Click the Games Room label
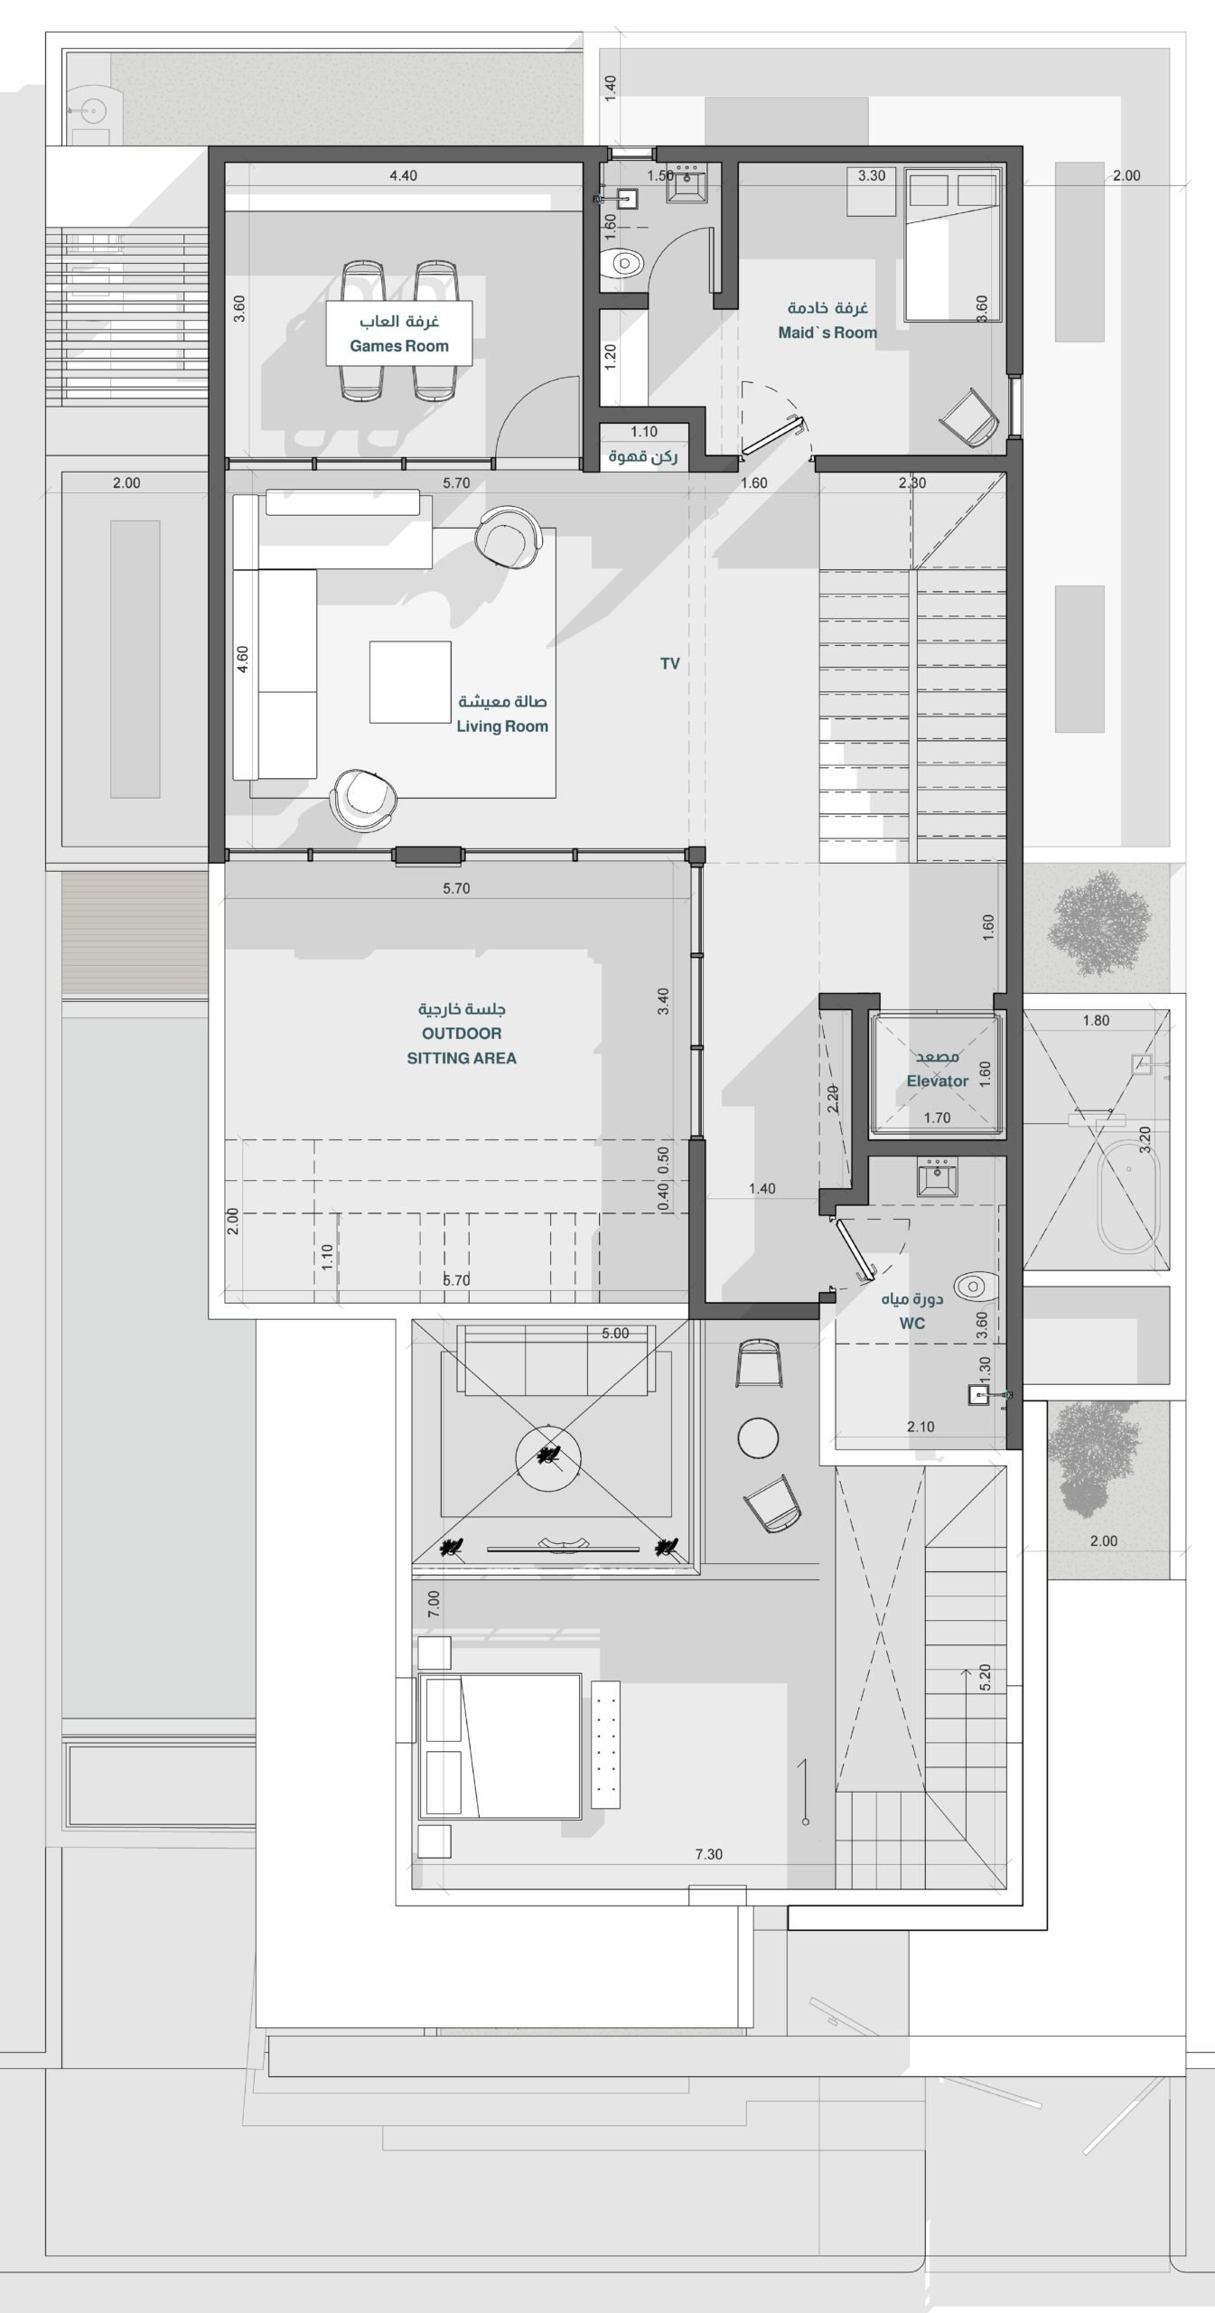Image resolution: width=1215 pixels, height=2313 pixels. (399, 346)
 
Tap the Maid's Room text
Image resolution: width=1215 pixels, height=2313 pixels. (827, 332)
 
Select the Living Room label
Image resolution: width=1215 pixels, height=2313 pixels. (502, 726)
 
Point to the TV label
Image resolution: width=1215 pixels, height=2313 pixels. (669, 664)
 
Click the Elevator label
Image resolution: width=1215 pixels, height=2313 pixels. (938, 1081)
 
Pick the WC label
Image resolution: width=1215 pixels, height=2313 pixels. (912, 1324)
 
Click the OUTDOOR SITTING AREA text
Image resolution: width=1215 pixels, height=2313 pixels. (462, 1045)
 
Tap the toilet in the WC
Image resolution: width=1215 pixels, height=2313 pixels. (976, 1285)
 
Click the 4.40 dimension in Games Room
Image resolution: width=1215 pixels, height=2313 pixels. (403, 175)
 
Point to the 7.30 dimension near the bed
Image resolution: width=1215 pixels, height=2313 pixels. (709, 1854)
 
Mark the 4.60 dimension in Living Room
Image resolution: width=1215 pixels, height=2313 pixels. (242, 659)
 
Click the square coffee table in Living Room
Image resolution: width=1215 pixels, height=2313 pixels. (410, 682)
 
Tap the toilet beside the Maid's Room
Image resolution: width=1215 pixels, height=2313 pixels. (623, 264)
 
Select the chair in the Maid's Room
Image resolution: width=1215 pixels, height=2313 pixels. (969, 417)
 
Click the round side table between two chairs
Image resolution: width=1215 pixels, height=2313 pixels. (758, 1437)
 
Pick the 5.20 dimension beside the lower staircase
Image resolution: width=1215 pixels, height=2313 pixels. (986, 1677)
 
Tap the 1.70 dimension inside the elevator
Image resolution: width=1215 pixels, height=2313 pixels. (937, 1118)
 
